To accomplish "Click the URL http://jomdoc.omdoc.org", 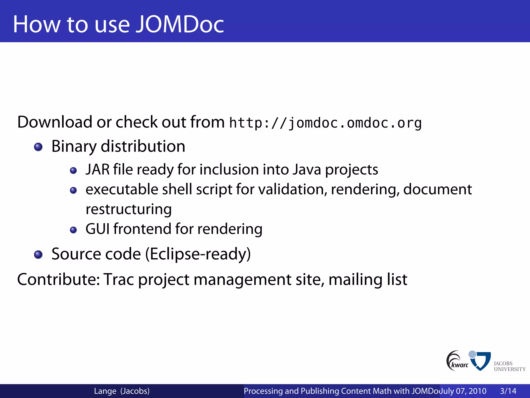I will coord(326,123).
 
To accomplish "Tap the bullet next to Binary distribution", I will coord(38,147).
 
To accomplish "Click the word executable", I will coord(122,189).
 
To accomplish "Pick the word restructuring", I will coord(129,209).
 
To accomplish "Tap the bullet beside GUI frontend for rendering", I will coord(73,230).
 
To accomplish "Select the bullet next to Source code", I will coord(38,254).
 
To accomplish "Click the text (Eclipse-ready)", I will coord(198,254).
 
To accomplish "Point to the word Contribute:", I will coord(58,279).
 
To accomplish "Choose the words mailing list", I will coord(368,279).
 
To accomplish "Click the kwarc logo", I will coord(457,361).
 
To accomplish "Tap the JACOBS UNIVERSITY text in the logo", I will coord(509,366).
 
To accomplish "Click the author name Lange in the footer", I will coord(105,391).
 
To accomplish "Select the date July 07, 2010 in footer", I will coord(463,391).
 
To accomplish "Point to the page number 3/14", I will coord(508,391).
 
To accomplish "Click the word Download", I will coord(55,122).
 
